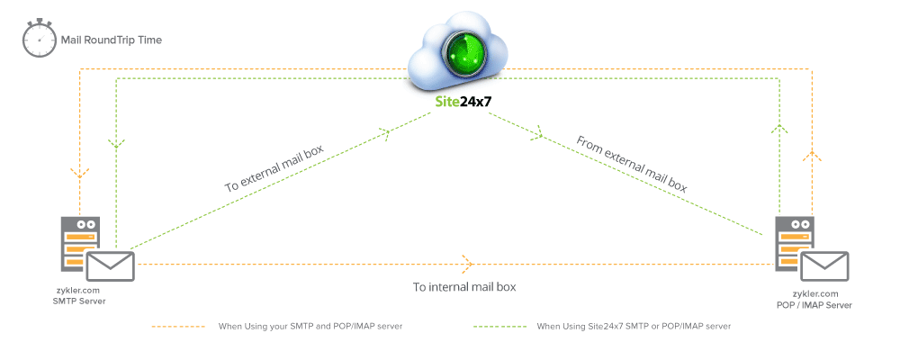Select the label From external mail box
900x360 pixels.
(631, 164)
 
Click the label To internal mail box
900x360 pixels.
(463, 287)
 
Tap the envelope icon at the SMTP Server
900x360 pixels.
(110, 265)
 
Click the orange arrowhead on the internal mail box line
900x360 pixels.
(467, 264)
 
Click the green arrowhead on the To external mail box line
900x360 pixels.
(385, 134)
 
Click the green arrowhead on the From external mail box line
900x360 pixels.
(538, 135)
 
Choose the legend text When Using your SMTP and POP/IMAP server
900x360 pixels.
(310, 326)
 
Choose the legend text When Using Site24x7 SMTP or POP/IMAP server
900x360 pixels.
(634, 326)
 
